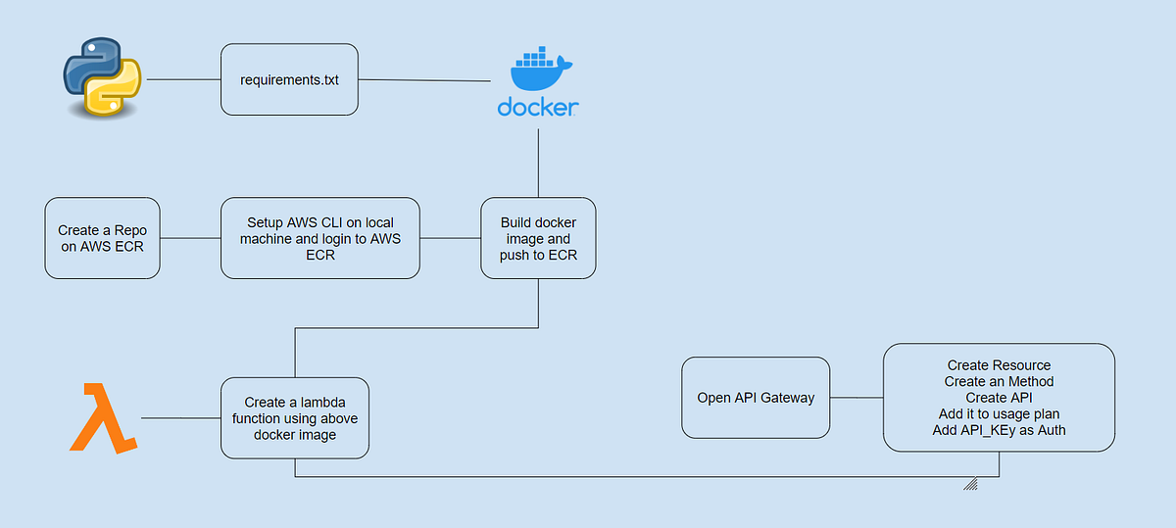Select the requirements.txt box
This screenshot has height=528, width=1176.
point(289,79)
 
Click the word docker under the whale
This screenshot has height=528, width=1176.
point(538,108)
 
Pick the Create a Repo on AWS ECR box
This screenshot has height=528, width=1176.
point(102,238)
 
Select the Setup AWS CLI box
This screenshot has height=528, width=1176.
point(320,238)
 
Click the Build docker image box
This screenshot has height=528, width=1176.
point(538,238)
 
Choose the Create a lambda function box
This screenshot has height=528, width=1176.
point(295,418)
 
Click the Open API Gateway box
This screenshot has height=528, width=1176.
point(756,398)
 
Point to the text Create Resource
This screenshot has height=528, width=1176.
point(999,365)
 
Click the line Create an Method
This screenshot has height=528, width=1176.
point(999,381)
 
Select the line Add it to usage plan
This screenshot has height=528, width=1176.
point(999,413)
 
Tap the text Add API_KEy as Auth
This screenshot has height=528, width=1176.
point(999,430)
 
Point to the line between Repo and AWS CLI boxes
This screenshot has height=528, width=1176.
point(190,238)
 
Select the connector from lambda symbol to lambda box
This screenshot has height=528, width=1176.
point(181,418)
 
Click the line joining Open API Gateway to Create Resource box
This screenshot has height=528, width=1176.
point(857,398)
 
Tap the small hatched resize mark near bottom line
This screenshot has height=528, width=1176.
point(971,483)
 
